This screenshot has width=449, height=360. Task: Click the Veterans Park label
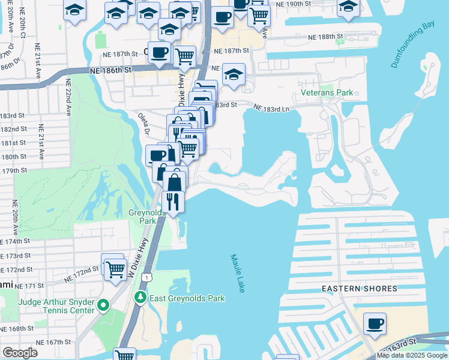[327, 93]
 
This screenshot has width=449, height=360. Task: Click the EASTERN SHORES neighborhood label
[360, 289]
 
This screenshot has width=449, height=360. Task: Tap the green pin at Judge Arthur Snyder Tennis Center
[103, 306]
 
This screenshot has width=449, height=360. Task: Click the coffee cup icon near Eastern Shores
[375, 323]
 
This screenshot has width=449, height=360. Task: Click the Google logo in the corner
[20, 353]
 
